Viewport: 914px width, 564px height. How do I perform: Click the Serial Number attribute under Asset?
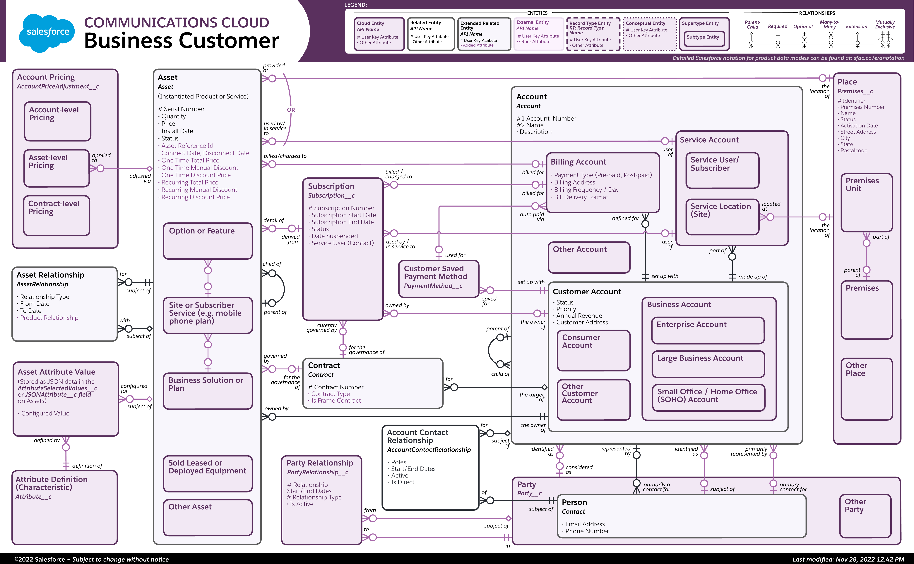182,109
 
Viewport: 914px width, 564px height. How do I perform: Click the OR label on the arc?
291,110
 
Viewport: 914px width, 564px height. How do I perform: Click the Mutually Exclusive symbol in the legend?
885,39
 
